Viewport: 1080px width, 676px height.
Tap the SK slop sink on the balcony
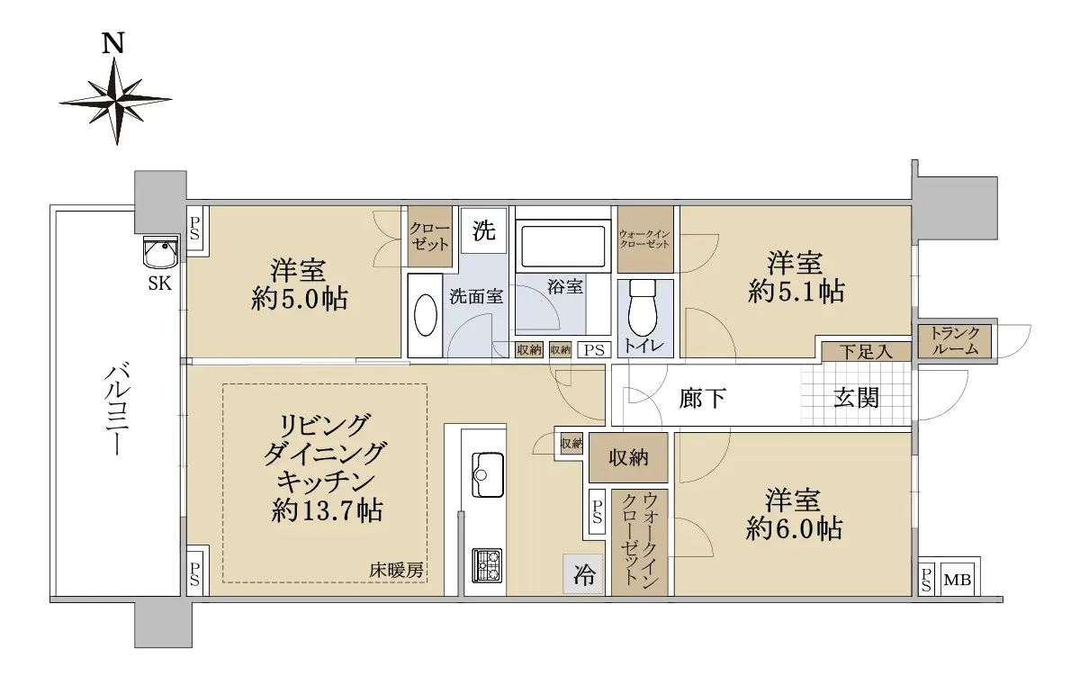tap(160, 253)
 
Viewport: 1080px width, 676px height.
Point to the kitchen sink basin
tap(488, 474)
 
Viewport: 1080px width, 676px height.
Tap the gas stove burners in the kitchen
tap(487, 565)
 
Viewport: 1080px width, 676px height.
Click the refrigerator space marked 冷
tap(583, 573)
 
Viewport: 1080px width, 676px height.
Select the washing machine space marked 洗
tap(483, 230)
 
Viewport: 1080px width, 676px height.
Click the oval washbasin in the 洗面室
tap(425, 315)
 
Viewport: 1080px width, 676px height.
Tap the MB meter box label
tap(957, 579)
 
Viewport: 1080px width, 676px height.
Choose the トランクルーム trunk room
tap(955, 341)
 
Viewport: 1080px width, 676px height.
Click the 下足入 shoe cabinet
tap(866, 351)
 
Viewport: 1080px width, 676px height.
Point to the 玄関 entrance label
tap(856, 398)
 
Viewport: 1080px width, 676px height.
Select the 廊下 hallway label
tap(703, 398)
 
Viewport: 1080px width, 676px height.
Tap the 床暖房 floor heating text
tap(396, 571)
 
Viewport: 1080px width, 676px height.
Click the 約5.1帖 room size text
tap(796, 293)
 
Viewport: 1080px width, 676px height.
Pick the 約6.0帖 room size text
tap(794, 528)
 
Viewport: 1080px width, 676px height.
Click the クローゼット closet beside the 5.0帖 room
tap(430, 236)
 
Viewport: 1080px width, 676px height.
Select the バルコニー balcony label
tap(116, 410)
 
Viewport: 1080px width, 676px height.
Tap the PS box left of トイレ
tap(594, 349)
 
